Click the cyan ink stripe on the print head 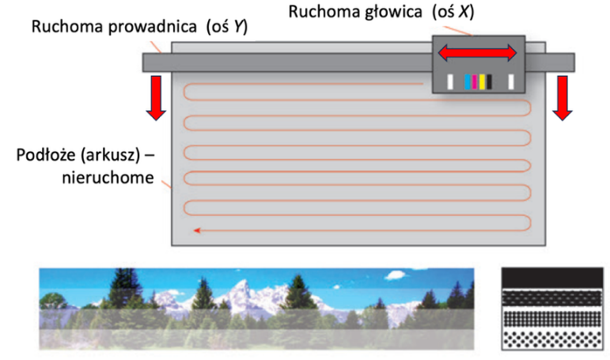tap(468, 82)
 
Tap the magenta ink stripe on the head tap(474, 82)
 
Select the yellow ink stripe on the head tap(482, 82)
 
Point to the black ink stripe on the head tap(489, 82)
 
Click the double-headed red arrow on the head tap(478, 53)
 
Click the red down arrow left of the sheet tap(156, 98)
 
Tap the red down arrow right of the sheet tap(563, 98)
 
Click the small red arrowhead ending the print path tap(197, 230)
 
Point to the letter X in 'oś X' tap(463, 12)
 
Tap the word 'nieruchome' tap(108, 177)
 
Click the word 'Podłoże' tap(46, 155)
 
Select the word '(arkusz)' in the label tap(110, 156)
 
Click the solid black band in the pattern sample tap(552, 278)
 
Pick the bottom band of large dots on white tap(552, 339)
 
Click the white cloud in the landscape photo tap(396, 275)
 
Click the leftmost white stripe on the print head tap(450, 82)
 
